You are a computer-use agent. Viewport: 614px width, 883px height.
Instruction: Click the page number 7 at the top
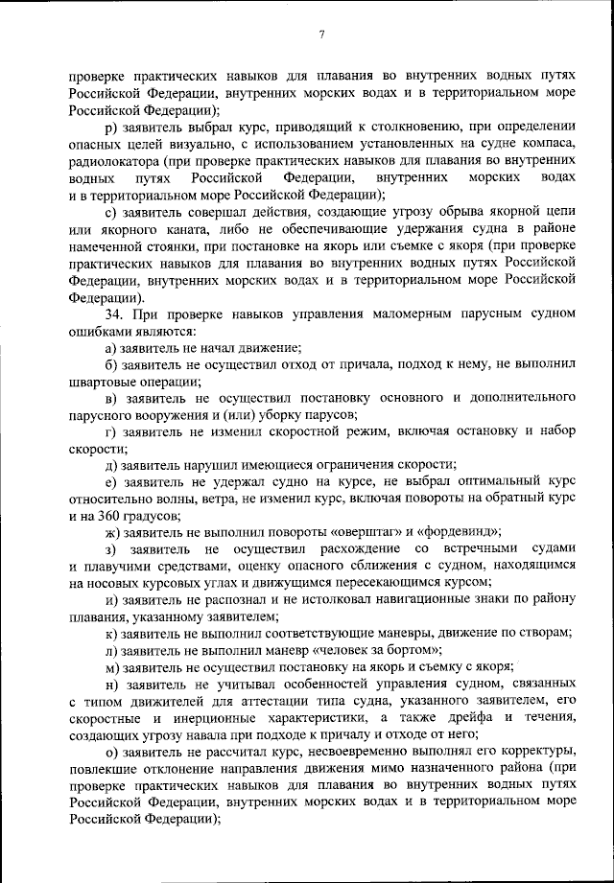point(322,35)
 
